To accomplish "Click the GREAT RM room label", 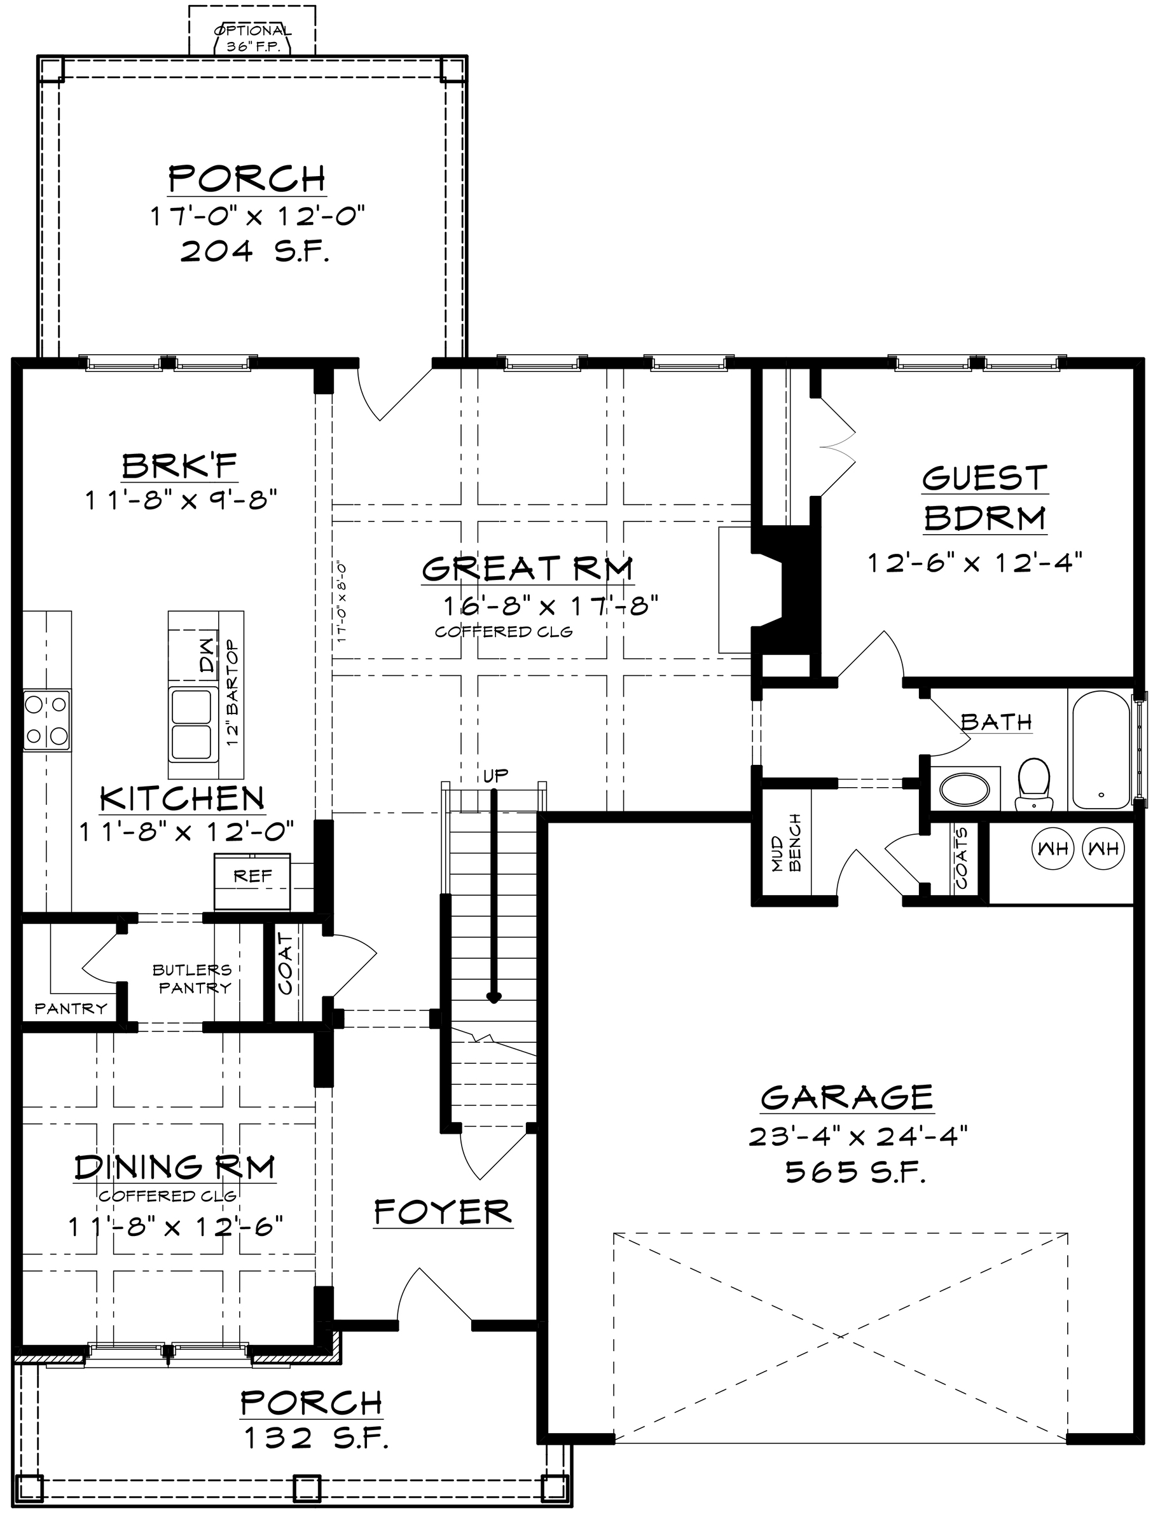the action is tap(527, 568).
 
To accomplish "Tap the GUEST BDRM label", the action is tap(984, 497).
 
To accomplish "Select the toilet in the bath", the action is tap(1033, 784).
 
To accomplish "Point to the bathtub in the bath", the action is tap(1101, 748).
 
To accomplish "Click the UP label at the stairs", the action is tap(495, 774).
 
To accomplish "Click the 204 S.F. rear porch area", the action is tap(254, 252).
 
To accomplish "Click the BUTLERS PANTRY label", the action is tap(193, 979).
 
